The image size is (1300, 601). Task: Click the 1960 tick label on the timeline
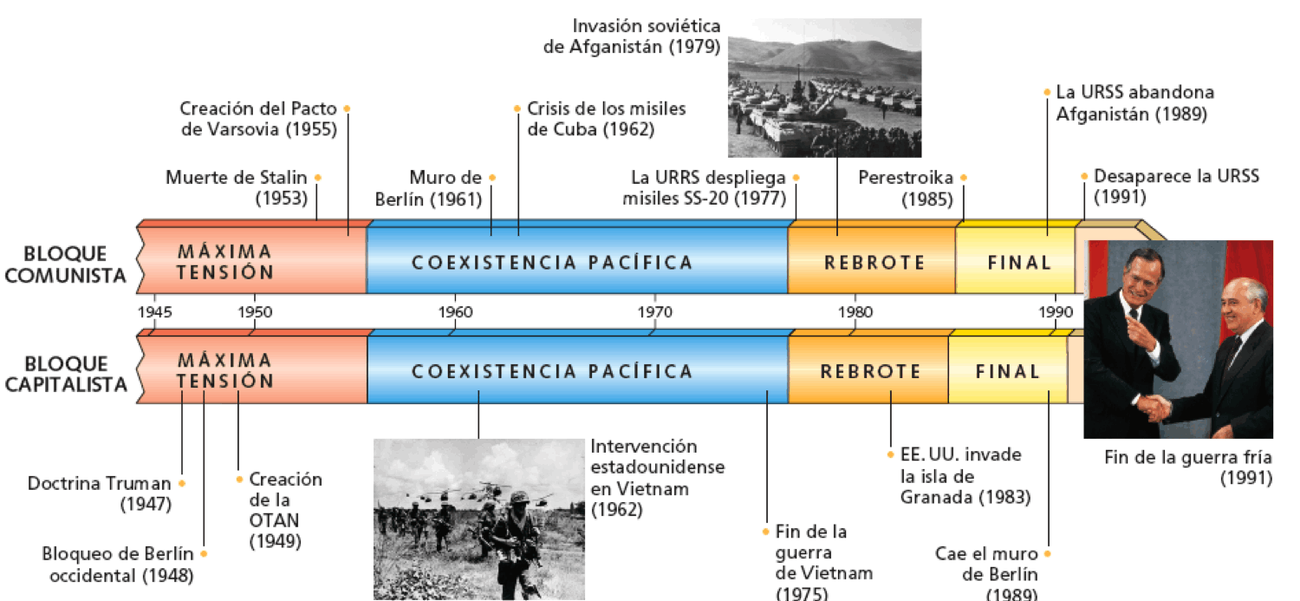(x=455, y=312)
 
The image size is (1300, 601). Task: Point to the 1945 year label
(x=155, y=312)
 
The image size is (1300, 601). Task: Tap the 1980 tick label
(x=855, y=312)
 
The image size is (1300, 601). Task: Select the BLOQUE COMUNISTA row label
(x=65, y=265)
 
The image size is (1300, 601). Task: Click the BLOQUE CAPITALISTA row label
(x=66, y=374)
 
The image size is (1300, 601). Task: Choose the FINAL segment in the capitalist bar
(x=1007, y=370)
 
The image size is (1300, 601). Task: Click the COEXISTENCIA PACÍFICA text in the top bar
(x=552, y=263)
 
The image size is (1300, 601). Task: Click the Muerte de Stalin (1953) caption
(x=237, y=187)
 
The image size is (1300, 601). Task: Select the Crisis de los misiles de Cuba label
(x=607, y=119)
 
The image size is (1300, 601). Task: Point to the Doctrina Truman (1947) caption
(x=100, y=493)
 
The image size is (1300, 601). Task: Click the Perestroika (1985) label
(x=906, y=187)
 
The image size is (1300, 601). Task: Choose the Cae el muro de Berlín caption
(x=986, y=575)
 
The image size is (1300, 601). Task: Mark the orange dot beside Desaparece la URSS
(x=1084, y=176)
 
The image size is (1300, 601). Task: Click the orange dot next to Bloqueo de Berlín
(x=204, y=553)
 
